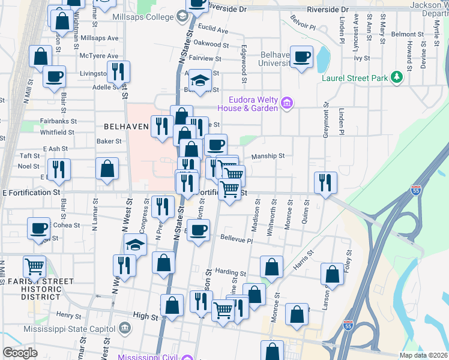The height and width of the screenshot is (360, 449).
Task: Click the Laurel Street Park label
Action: (x=355, y=78)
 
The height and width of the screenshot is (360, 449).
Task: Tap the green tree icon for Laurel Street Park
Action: (x=396, y=77)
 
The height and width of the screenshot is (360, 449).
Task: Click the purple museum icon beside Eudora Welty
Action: (x=287, y=104)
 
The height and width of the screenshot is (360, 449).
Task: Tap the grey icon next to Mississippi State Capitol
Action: (x=125, y=328)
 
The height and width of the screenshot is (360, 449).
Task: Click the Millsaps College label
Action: (x=143, y=17)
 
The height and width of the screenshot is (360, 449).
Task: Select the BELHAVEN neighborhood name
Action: (x=125, y=127)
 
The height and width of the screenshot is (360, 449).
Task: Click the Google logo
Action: (x=20, y=353)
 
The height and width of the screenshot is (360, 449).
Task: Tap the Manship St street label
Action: (x=268, y=156)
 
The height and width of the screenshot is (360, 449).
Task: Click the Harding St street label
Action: (x=231, y=272)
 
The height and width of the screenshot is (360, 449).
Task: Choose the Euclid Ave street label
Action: (x=214, y=29)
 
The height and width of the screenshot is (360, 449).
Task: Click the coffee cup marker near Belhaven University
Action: (x=302, y=57)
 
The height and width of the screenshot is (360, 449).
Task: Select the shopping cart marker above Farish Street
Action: (x=35, y=266)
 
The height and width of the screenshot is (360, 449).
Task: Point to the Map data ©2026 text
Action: (x=423, y=355)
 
